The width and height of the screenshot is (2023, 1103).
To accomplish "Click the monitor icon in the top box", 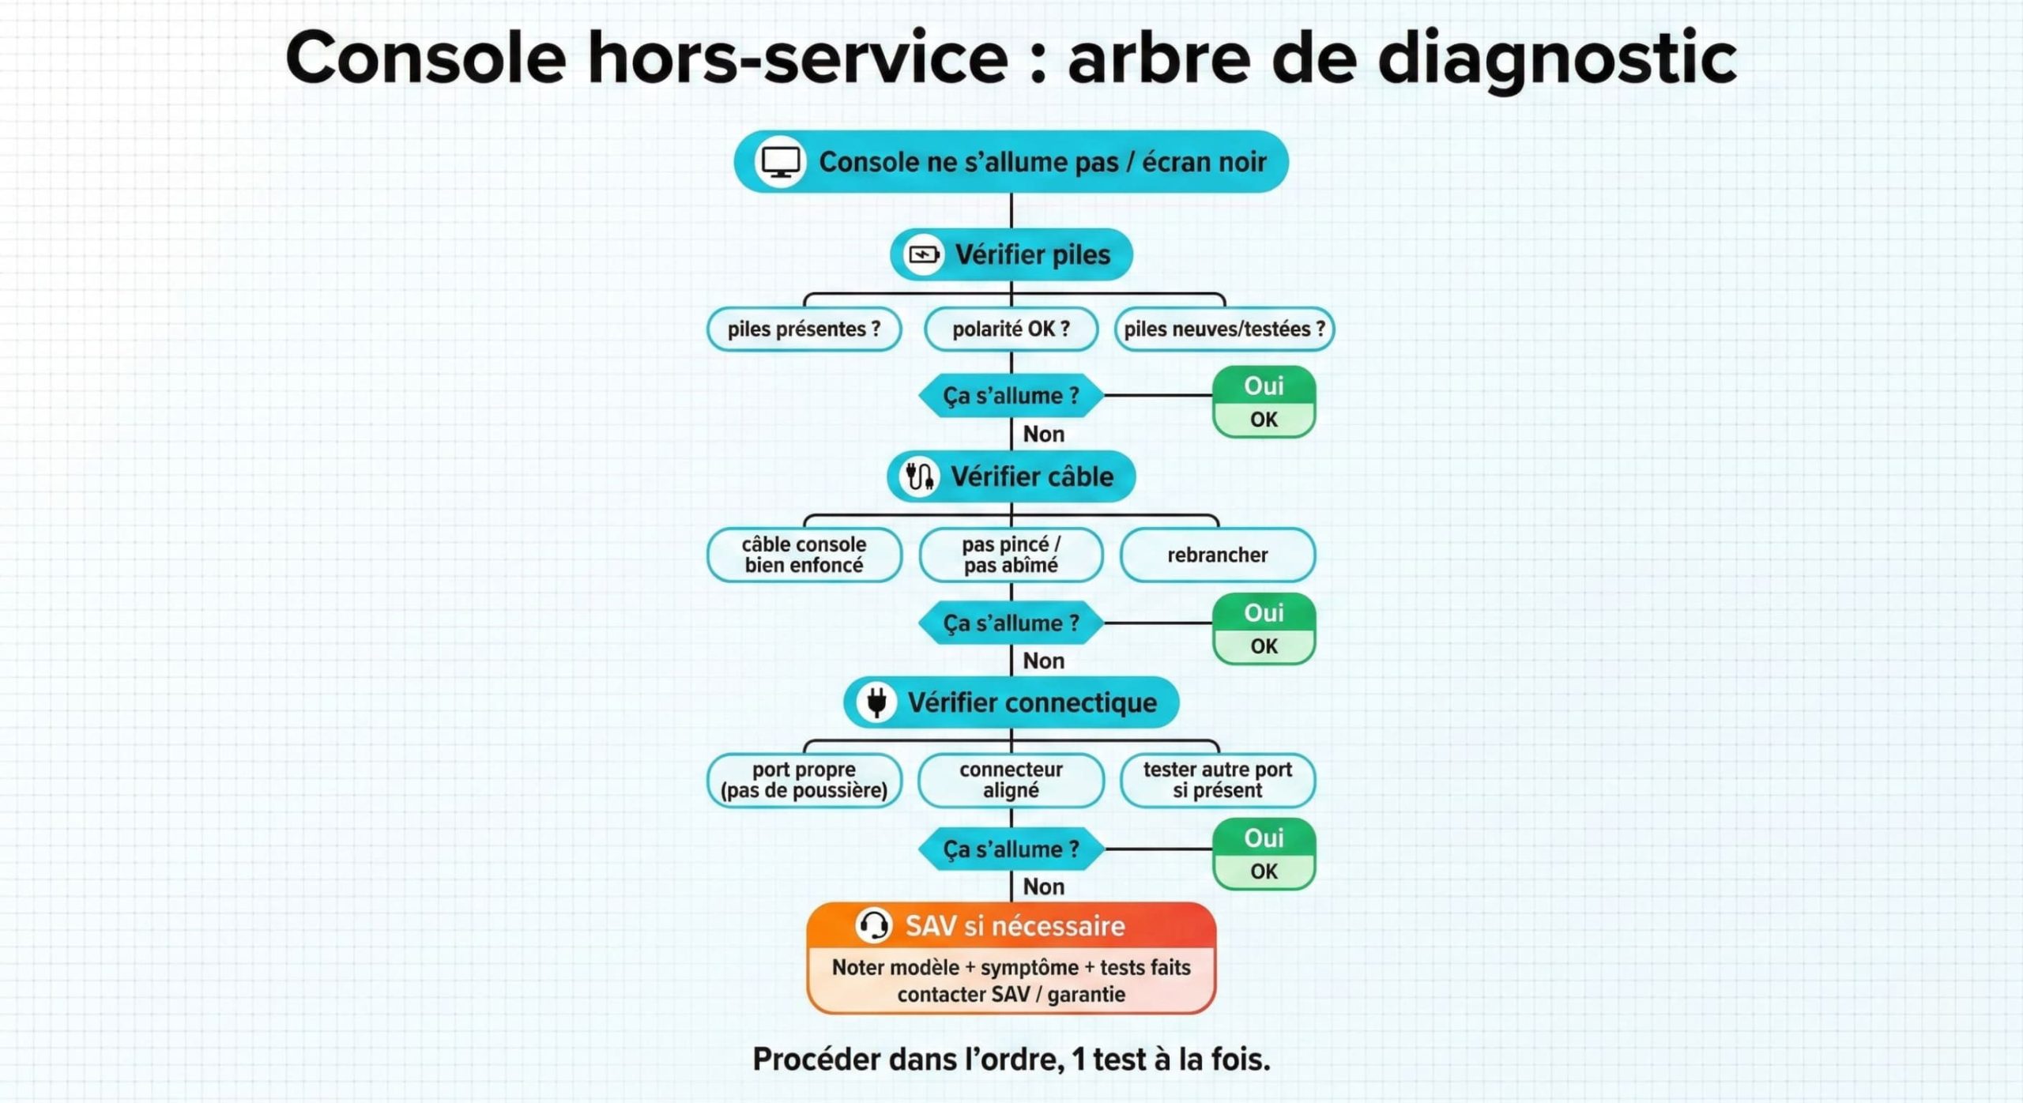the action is click(x=780, y=162).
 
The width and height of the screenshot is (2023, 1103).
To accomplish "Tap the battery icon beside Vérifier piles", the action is click(x=923, y=254).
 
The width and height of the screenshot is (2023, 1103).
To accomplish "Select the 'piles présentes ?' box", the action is click(x=804, y=329).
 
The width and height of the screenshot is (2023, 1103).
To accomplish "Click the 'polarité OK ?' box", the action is click(x=1011, y=329).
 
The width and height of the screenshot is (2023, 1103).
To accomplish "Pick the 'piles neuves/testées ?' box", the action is click(x=1224, y=329).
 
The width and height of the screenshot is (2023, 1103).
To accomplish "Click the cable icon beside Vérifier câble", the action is click(x=918, y=476).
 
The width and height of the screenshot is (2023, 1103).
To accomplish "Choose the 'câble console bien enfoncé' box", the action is click(x=804, y=555).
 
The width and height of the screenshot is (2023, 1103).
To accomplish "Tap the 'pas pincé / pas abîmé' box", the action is click(x=1011, y=555).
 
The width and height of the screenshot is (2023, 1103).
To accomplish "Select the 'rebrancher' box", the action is click(x=1217, y=555).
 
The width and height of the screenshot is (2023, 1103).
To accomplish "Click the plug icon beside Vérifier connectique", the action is click(x=876, y=702).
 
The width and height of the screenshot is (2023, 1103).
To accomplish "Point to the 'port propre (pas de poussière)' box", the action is click(x=804, y=780).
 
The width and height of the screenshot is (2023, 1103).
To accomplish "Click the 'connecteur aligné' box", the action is click(x=1011, y=780).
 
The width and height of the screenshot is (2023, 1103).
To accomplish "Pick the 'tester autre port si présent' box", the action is click(x=1217, y=780).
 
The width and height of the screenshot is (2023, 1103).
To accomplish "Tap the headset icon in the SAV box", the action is click(x=874, y=925).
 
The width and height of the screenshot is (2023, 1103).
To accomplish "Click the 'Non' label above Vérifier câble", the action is click(x=1043, y=434).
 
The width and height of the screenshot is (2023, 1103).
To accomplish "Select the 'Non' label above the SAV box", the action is click(x=1043, y=887).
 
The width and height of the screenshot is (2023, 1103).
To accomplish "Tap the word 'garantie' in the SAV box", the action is click(x=1086, y=994).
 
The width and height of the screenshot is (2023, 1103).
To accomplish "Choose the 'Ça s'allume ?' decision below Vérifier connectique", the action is click(x=1011, y=849).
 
